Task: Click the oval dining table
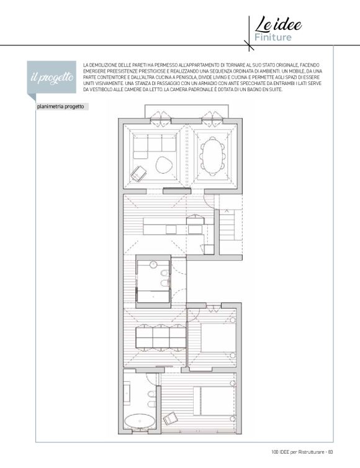click(x=212, y=156)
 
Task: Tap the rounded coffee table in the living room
click(x=164, y=164)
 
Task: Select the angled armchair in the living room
click(x=138, y=173)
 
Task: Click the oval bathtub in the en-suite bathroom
click(x=140, y=421)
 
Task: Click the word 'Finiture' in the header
click(x=273, y=37)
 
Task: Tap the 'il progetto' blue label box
click(x=52, y=78)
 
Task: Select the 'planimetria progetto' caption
click(x=61, y=107)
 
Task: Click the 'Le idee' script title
click(x=278, y=24)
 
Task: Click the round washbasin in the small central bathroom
click(x=153, y=264)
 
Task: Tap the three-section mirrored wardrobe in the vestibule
click(x=161, y=337)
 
